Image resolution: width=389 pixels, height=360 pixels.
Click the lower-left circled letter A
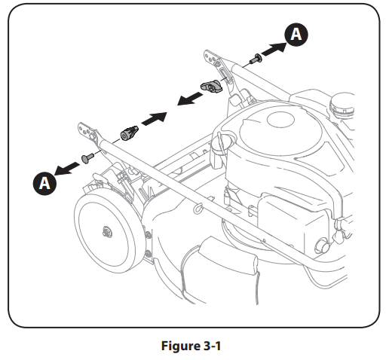[44, 182]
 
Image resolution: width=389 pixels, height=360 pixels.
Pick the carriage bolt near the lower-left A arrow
[89, 156]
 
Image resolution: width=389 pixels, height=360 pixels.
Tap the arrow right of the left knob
[155, 119]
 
